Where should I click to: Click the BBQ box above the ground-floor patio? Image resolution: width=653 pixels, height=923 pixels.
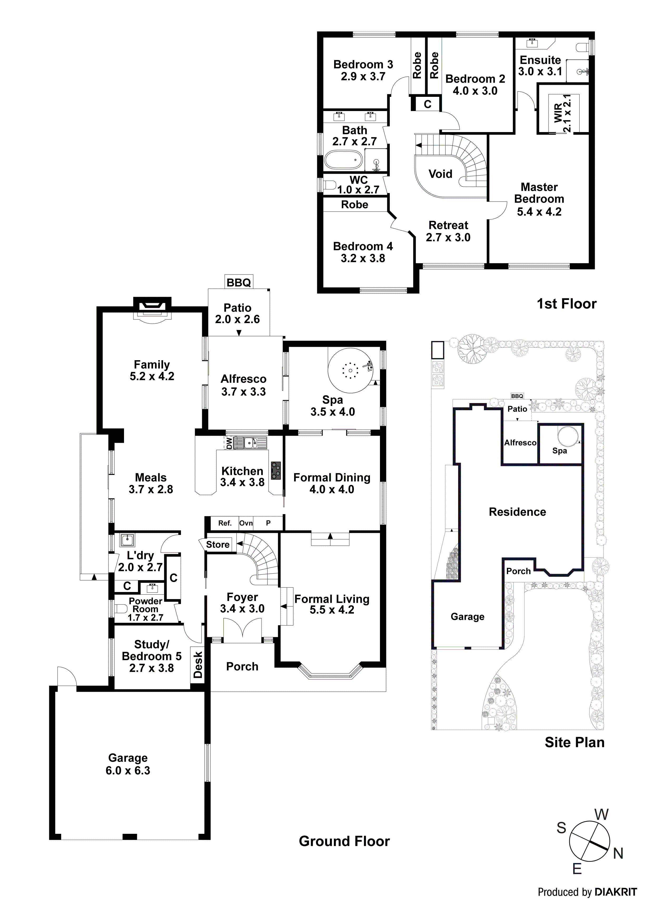coord(239,282)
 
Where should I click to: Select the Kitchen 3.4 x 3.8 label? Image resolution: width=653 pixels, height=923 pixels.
coord(242,476)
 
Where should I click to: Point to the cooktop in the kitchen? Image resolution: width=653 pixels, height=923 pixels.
coord(276,470)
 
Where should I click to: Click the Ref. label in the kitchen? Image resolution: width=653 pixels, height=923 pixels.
coord(225,523)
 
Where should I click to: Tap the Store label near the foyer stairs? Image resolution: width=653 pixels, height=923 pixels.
coord(218,544)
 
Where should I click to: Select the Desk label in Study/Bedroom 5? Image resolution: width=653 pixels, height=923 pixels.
coord(197,665)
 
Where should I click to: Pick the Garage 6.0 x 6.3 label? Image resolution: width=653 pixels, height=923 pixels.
coord(128,764)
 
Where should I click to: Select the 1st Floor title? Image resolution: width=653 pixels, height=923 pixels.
coord(566,304)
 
